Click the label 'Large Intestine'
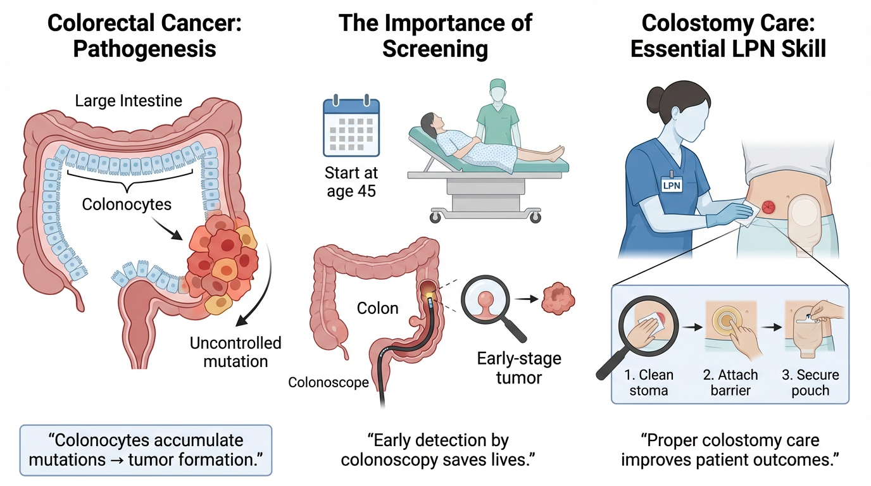click(128, 101)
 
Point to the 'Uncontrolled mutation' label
click(235, 352)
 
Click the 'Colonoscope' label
click(329, 382)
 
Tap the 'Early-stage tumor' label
click(518, 368)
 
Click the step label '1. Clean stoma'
click(649, 382)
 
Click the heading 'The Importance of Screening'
click(435, 35)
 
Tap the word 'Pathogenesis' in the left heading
click(145, 49)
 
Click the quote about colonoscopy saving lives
click(435, 450)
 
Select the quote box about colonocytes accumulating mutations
click(146, 450)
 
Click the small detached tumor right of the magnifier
click(557, 297)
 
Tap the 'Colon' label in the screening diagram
click(377, 308)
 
